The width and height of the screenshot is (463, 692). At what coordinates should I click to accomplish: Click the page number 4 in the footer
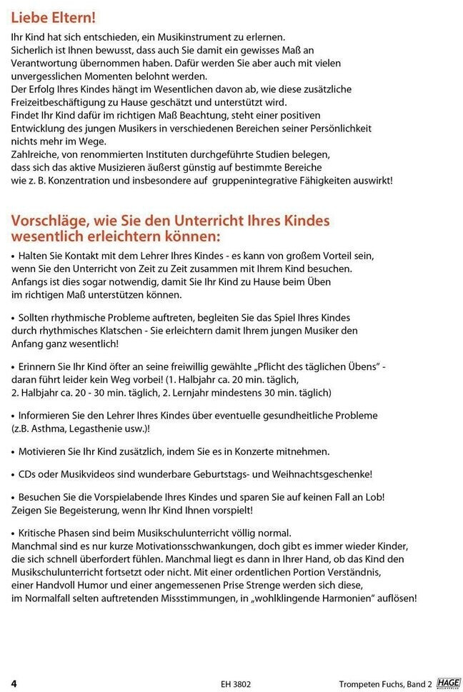point(14,683)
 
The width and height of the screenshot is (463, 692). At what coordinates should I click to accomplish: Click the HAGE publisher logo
point(448,683)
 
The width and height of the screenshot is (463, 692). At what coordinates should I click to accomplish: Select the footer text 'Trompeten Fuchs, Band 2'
point(385,683)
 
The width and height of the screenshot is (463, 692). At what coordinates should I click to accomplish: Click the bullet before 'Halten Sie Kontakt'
point(14,256)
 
